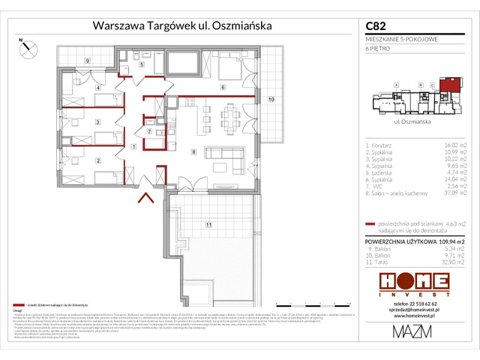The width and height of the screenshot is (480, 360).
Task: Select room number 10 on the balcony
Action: coord(272,99)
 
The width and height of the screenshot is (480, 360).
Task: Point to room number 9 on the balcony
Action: coord(87,59)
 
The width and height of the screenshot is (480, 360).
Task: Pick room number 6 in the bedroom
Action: coord(222,87)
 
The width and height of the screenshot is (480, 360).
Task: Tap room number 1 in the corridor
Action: coord(133,146)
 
